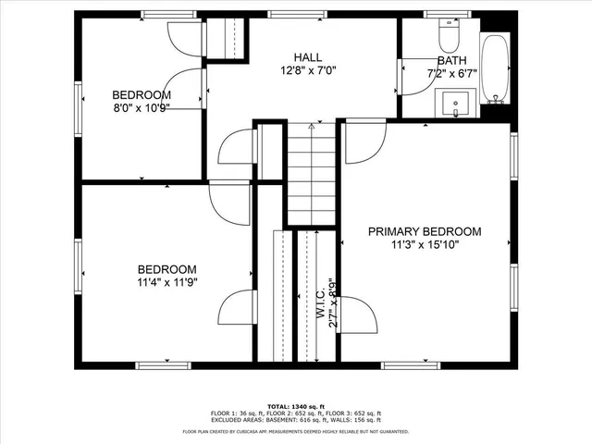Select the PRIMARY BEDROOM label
pyautogui.click(x=425, y=231)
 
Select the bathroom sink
pyautogui.click(x=456, y=101)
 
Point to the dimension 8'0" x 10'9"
pyautogui.click(x=142, y=107)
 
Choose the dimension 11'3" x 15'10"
pyautogui.click(x=425, y=245)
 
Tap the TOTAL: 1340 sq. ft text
pyautogui.click(x=295, y=405)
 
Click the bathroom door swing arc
pyautogui.click(x=416, y=74)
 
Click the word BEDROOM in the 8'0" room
pyautogui.click(x=142, y=94)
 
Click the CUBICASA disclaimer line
pyautogui.click(x=296, y=431)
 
